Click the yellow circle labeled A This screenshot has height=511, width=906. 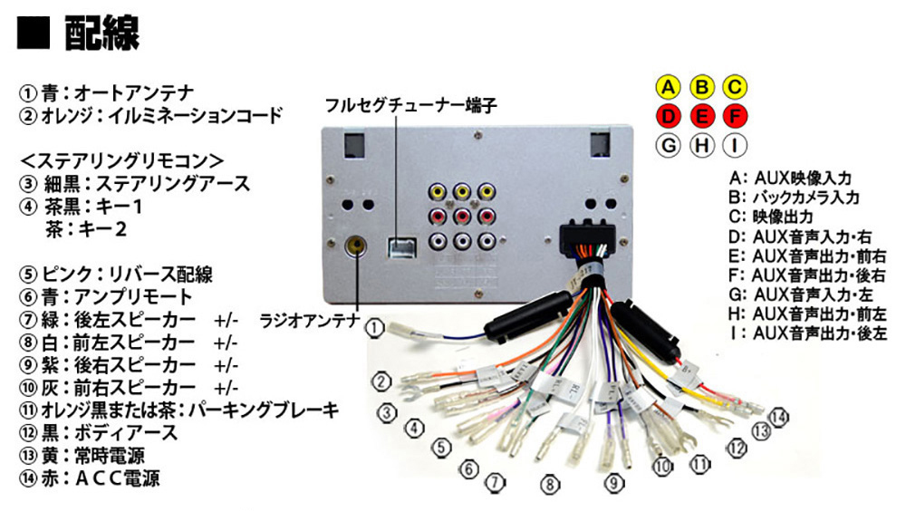click(668, 87)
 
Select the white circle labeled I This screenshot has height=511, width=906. click(734, 144)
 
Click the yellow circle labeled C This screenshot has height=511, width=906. click(734, 87)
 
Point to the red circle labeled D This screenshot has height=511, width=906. click(668, 116)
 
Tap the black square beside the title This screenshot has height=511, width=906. click(34, 35)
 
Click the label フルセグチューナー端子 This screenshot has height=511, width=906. click(412, 101)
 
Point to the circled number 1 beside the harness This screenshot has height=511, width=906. click(376, 327)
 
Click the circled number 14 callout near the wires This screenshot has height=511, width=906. click(779, 418)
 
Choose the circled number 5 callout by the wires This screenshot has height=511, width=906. click(441, 447)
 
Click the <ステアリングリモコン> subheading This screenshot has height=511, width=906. click(121, 160)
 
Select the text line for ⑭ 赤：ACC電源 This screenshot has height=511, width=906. click(94, 477)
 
